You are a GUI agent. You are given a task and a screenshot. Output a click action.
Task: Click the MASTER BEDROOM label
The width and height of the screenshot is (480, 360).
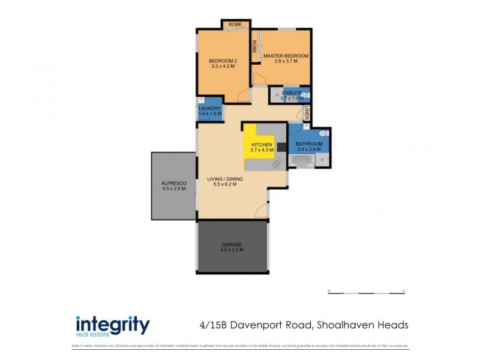(286, 56)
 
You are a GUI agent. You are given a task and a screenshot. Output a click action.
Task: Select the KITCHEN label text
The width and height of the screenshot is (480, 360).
(262, 145)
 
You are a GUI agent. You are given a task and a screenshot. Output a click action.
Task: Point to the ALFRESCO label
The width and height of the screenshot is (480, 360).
(173, 182)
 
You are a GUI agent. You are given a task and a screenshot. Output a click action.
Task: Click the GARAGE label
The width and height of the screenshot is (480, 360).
(232, 244)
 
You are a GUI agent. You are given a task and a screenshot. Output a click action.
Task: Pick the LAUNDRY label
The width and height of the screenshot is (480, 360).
(210, 108)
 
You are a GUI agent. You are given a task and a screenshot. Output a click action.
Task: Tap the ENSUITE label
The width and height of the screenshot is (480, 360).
(292, 93)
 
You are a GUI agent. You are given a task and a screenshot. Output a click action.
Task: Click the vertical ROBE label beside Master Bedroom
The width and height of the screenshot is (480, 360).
(254, 46)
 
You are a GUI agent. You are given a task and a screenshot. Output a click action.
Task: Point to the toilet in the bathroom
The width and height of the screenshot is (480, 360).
(323, 133)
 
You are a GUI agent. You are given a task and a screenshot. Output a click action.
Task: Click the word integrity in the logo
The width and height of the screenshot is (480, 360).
(112, 324)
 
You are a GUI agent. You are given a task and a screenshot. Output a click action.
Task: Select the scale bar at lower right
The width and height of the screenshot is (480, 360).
(366, 292)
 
